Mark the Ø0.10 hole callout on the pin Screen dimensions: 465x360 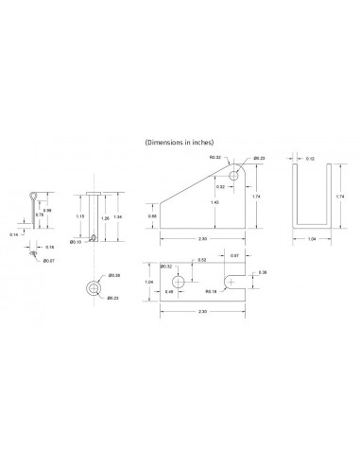(x=80, y=242)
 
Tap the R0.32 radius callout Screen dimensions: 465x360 (x=214, y=158)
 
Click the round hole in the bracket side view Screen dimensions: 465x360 (x=234, y=174)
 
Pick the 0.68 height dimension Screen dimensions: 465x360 (x=152, y=215)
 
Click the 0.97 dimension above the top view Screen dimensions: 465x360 (x=234, y=255)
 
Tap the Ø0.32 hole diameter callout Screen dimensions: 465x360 (x=166, y=267)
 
